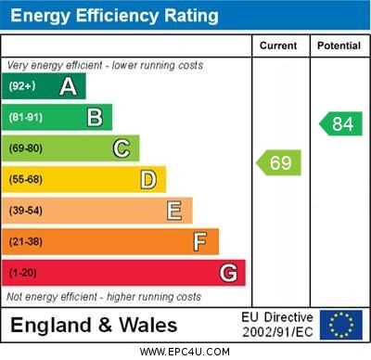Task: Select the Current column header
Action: [278, 45]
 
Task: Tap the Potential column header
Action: [339, 45]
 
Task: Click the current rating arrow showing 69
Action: [278, 163]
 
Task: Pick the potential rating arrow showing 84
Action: [340, 123]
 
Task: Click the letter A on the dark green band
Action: [68, 86]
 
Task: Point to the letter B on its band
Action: [95, 117]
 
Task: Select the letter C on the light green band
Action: [122, 148]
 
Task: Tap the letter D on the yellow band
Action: [148, 179]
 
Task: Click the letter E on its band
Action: [174, 211]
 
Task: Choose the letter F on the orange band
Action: [200, 241]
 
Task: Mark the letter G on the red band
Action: [228, 273]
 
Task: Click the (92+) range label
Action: [23, 86]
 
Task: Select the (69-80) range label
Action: [26, 148]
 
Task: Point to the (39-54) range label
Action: [26, 211]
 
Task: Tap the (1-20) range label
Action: [23, 273]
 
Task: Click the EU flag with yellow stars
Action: [341, 325]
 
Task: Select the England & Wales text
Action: [94, 326]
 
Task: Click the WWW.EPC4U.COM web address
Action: [185, 352]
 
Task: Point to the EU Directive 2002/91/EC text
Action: [277, 325]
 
